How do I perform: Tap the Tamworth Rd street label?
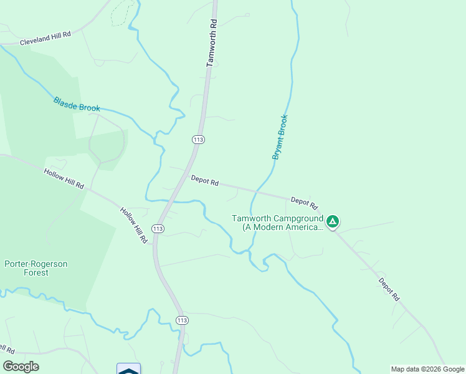tap(212, 43)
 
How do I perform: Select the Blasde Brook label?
tap(77, 104)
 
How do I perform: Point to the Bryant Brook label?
tap(280, 137)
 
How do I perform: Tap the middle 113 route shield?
tap(158, 229)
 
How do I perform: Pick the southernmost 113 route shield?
tap(182, 320)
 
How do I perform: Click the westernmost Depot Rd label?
tap(204, 181)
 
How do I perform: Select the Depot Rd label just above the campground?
tap(304, 203)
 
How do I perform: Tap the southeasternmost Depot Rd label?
tap(388, 290)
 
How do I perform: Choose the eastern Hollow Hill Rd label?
tap(134, 225)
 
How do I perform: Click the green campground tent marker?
tap(333, 221)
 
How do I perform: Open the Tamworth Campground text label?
tap(277, 223)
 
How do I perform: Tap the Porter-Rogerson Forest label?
tap(36, 268)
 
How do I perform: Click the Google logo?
tap(21, 367)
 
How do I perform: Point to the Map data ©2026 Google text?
tap(427, 369)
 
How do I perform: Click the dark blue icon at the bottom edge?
tap(128, 369)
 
